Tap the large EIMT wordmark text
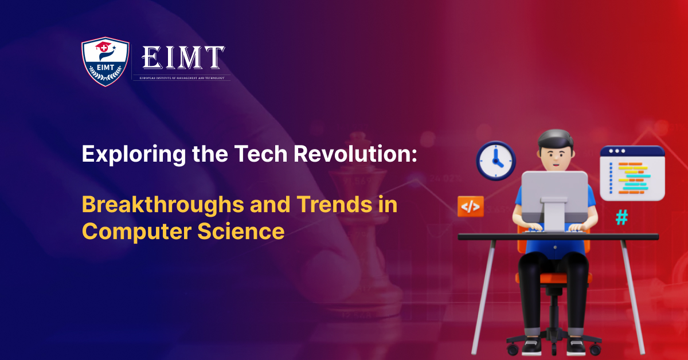(182, 58)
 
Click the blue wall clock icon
(496, 161)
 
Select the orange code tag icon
(470, 207)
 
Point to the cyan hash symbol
(621, 217)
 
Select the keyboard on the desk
(555, 229)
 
